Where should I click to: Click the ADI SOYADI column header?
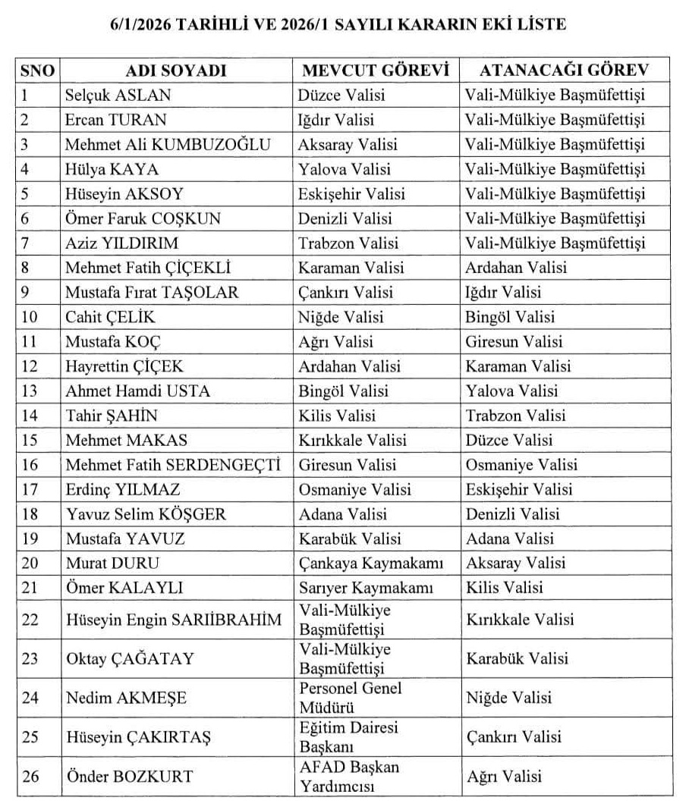[176, 71]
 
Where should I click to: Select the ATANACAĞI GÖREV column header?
[564, 71]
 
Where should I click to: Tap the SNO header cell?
[37, 71]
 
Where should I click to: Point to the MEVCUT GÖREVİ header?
[376, 71]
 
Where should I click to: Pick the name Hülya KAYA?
[112, 169]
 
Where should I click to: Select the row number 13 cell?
[30, 391]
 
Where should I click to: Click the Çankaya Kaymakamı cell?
[371, 564]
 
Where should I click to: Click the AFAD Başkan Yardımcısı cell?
[349, 776]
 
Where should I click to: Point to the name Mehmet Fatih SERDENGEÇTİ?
[173, 465]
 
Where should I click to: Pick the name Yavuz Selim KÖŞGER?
[146, 514]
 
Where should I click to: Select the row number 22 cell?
[30, 620]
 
